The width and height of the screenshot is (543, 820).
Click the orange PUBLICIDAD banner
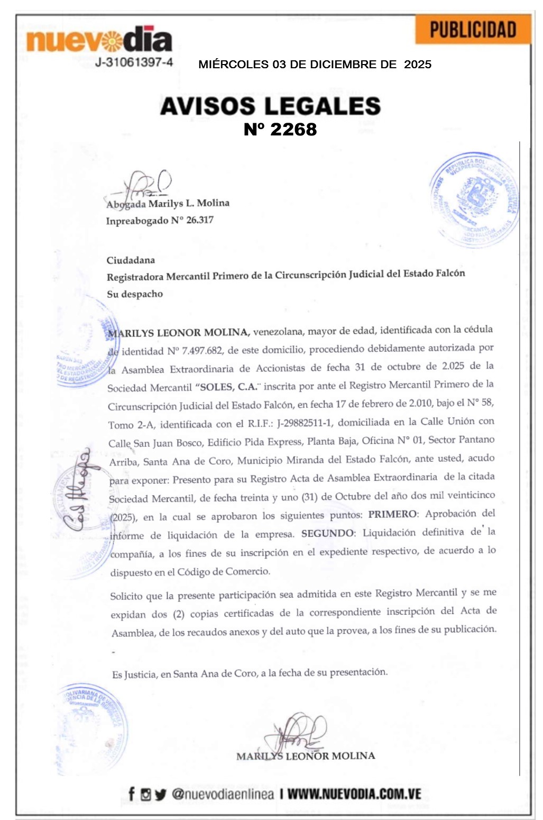pyautogui.click(x=473, y=30)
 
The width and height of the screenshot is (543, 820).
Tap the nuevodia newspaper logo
pyautogui.click(x=99, y=39)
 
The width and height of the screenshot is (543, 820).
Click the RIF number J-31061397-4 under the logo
pyautogui.click(x=134, y=62)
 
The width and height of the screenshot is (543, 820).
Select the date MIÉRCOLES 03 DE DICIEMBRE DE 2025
pyautogui.click(x=315, y=65)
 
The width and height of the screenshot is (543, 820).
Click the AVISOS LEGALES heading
pyautogui.click(x=270, y=106)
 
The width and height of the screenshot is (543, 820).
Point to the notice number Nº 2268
pyautogui.click(x=280, y=130)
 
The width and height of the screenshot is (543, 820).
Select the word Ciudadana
pyautogui.click(x=131, y=260)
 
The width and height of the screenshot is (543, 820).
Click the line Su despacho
pyautogui.click(x=135, y=294)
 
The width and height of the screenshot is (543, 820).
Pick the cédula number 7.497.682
pyautogui.click(x=202, y=351)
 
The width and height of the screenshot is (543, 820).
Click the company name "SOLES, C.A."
pyautogui.click(x=227, y=387)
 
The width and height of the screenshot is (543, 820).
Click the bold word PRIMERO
pyautogui.click(x=392, y=514)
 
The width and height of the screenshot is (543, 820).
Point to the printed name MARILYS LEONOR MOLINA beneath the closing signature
pyautogui.click(x=306, y=756)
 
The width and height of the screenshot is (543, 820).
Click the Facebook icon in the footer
pyautogui.click(x=131, y=794)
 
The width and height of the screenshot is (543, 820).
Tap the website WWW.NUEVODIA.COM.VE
pyautogui.click(x=354, y=794)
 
